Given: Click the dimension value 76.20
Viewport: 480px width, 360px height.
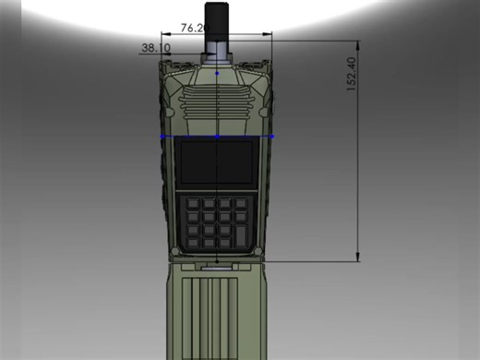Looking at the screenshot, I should pos(192,28).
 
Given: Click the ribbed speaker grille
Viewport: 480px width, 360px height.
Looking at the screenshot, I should pos(217,100).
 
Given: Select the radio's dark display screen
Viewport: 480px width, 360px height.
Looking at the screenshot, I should pos(217,162).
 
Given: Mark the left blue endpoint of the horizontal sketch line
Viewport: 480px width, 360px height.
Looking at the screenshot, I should pos(162,137).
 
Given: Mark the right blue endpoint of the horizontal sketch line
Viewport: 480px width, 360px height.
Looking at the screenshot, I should pos(272,137).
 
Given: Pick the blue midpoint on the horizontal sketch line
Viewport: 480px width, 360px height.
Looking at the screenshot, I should pos(217,137).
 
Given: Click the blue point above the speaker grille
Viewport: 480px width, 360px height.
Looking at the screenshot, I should pos(217,71).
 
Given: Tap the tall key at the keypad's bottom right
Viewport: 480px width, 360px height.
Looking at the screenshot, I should pos(243,231).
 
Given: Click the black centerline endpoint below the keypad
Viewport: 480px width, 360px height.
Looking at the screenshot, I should pos(217,261).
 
